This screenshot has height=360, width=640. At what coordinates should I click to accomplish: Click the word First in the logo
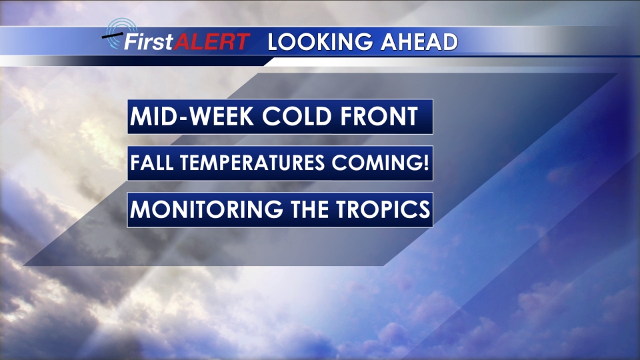[149, 41]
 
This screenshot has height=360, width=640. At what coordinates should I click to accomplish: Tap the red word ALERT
[212, 41]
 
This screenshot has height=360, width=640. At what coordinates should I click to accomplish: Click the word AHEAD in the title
[419, 42]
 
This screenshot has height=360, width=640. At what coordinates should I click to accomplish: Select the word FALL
[152, 163]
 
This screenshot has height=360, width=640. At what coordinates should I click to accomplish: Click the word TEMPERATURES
[253, 163]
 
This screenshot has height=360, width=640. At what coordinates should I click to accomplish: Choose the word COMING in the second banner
[375, 163]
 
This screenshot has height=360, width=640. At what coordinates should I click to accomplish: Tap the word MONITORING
[207, 209]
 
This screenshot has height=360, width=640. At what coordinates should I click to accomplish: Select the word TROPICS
[383, 209]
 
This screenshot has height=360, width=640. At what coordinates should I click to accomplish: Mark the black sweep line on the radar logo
[112, 35]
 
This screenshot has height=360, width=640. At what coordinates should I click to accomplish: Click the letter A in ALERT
[182, 41]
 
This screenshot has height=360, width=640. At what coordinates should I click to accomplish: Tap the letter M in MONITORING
[140, 209]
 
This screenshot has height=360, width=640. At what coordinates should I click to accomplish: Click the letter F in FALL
[135, 163]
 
